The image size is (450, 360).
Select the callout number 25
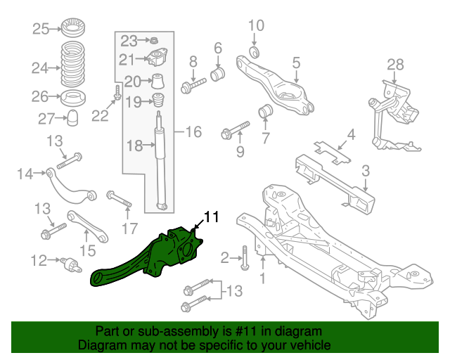(x=41, y=29)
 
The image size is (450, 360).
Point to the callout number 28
(x=395, y=65)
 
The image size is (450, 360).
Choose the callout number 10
(x=255, y=26)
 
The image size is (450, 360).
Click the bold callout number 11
(x=212, y=217)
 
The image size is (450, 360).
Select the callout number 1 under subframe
(x=263, y=279)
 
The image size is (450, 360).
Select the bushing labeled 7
(x=266, y=111)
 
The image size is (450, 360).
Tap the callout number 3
(x=366, y=170)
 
